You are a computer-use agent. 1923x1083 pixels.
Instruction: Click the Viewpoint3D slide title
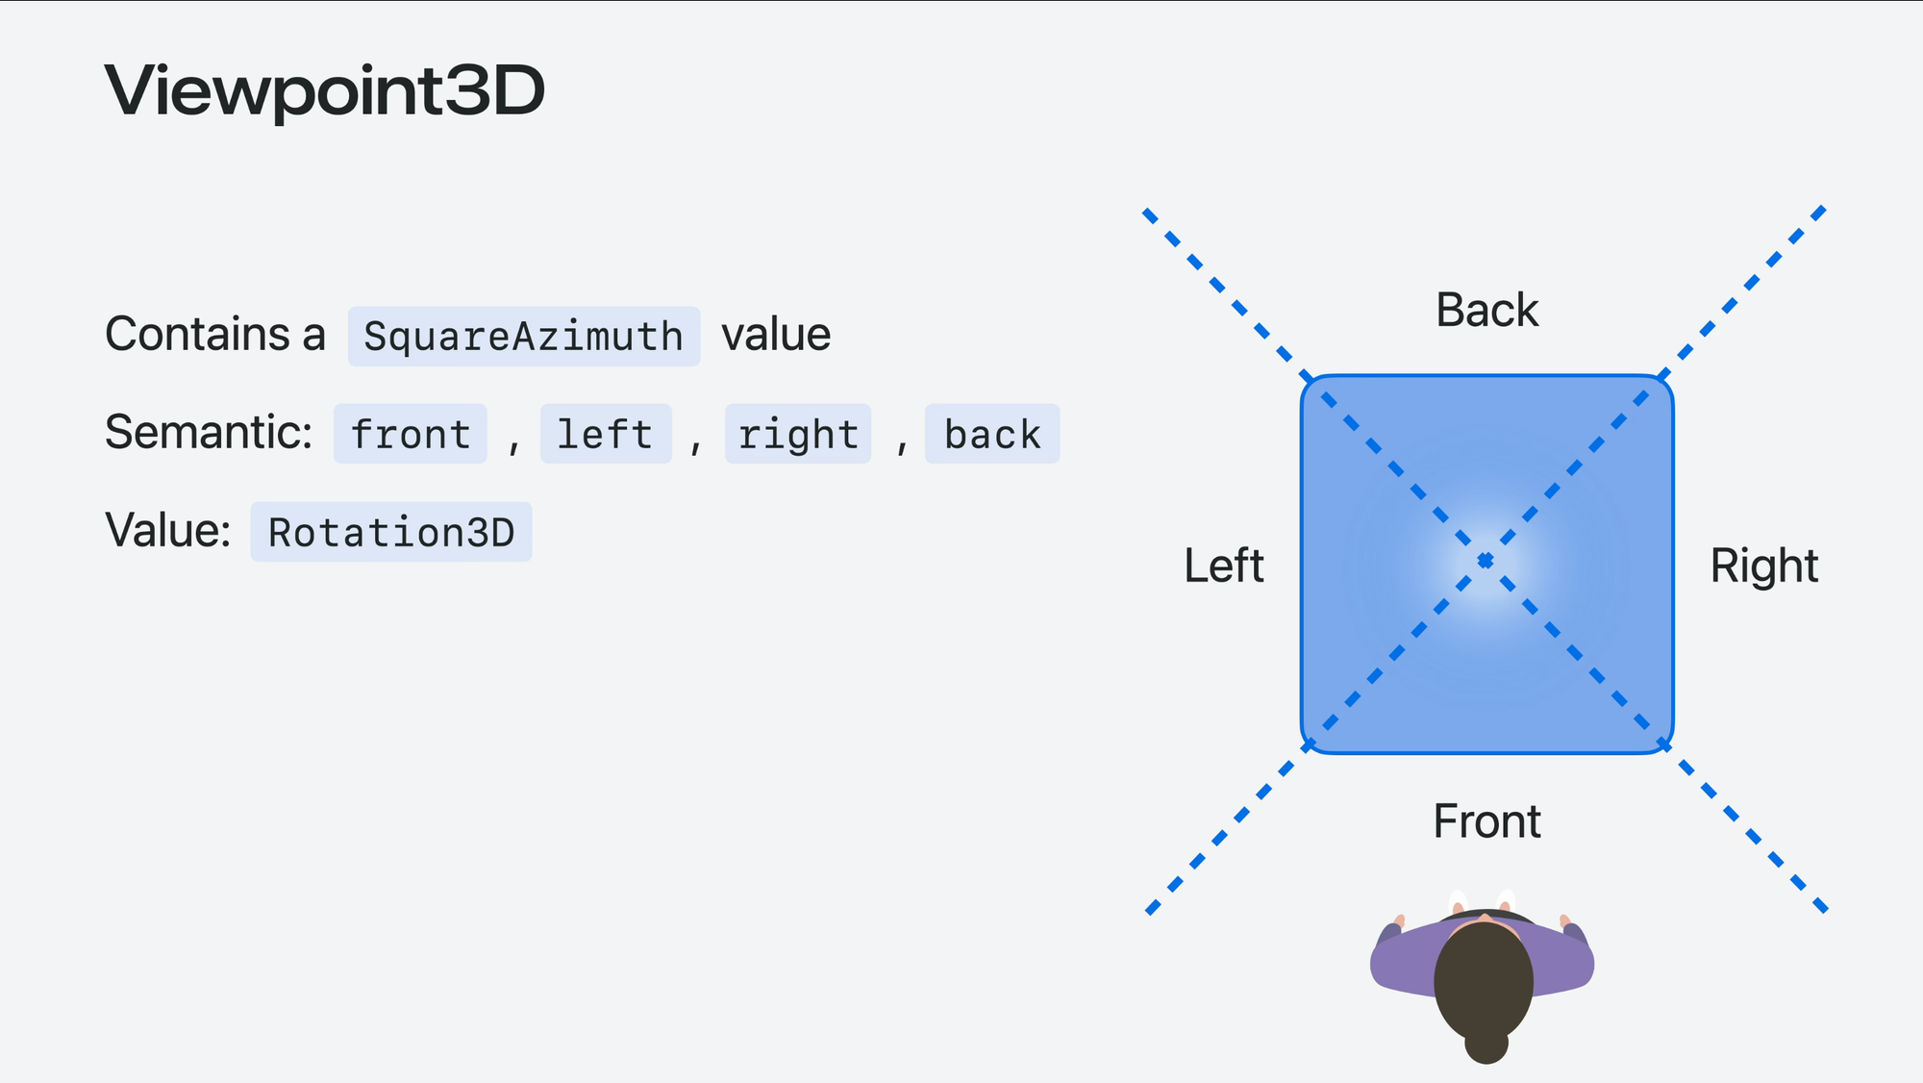[325, 90]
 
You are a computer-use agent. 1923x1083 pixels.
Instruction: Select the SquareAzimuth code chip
[523, 337]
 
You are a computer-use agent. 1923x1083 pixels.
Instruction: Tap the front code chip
[411, 434]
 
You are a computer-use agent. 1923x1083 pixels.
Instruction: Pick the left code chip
[605, 434]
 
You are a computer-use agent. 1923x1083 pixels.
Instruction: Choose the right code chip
[798, 434]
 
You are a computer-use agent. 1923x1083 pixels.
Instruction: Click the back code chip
[991, 434]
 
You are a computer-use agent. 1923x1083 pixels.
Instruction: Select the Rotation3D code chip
[391, 532]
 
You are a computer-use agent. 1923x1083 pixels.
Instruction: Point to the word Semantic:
[209, 432]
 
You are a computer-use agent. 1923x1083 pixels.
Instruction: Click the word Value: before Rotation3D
[168, 530]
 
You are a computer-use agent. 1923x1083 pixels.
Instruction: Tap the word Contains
[197, 335]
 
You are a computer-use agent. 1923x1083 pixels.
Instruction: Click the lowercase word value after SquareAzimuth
[776, 335]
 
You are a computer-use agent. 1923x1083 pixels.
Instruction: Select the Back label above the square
[1486, 310]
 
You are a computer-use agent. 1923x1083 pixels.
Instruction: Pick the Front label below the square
[1486, 821]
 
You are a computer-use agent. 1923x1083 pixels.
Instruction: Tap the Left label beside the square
[1223, 566]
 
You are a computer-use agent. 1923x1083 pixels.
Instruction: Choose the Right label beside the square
[1763, 566]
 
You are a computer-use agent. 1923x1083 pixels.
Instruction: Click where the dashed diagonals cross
[1486, 561]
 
